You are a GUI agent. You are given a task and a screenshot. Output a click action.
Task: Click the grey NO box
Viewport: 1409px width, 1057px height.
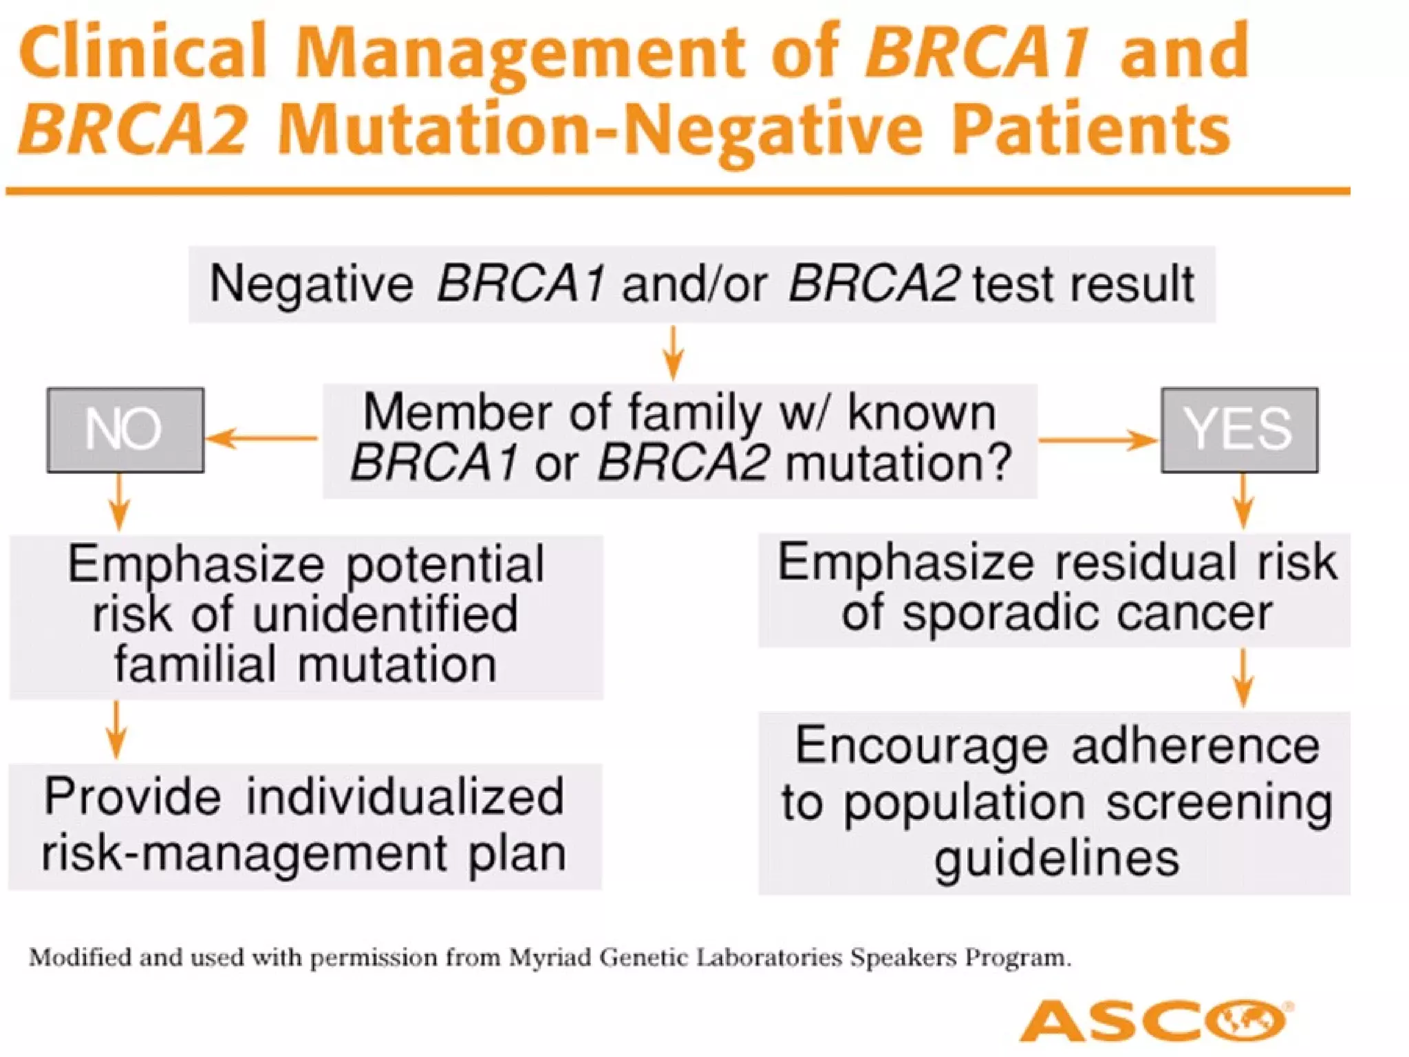125,430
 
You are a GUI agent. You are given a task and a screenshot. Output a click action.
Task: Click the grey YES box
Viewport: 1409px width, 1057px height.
1239,430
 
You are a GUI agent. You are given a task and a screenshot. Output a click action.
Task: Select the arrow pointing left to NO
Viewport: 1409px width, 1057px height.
261,438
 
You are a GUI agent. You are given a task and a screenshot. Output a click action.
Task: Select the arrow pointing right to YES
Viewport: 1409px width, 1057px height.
1097,440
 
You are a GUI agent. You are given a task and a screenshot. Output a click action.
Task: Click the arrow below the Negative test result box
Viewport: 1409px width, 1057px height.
673,352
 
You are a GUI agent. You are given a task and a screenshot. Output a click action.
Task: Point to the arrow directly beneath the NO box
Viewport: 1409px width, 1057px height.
119,502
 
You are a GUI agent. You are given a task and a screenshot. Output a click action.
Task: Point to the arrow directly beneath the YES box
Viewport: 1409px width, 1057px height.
1243,500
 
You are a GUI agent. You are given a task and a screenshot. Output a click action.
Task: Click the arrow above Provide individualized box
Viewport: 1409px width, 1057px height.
116,729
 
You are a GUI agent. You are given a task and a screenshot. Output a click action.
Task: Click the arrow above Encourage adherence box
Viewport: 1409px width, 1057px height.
1243,678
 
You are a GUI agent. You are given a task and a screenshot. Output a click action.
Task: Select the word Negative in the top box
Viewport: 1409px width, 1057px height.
311,284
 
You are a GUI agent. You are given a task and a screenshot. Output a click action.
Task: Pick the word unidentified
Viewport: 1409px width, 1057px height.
385,615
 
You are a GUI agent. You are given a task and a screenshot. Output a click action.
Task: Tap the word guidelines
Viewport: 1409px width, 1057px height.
1057,859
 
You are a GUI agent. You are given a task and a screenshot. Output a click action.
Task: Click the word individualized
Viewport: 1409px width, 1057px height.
405,797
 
